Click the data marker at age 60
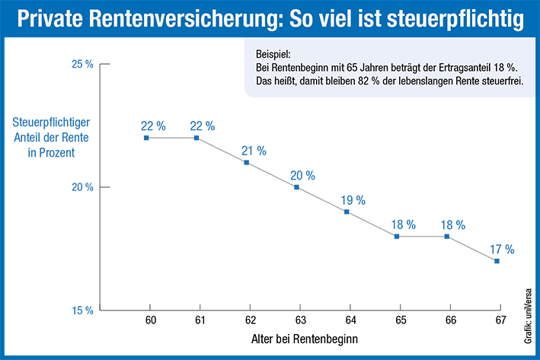146,138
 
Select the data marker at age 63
296,187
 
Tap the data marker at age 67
497,261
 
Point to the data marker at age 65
397,237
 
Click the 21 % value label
254,151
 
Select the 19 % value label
353,200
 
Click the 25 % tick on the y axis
81,65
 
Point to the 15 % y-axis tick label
81,311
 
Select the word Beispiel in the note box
268,55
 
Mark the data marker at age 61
197,138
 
